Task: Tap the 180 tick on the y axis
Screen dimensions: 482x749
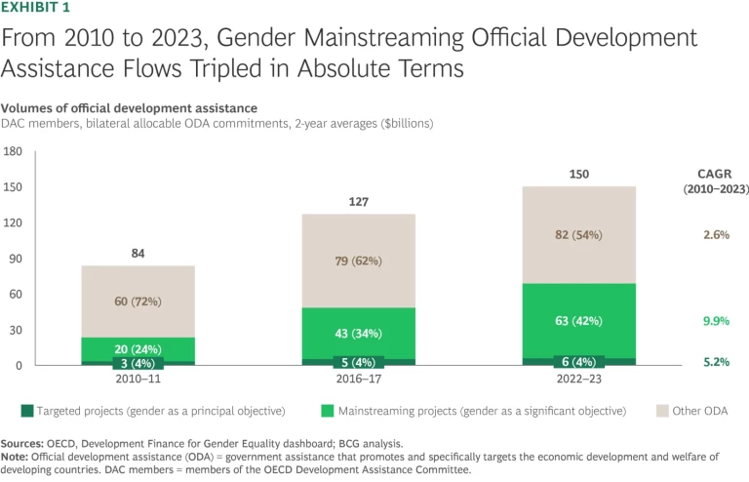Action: pyautogui.click(x=14, y=151)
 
